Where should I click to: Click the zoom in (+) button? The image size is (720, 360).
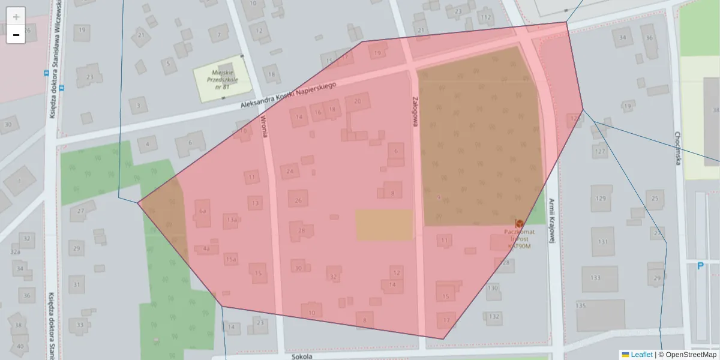pyautogui.click(x=16, y=16)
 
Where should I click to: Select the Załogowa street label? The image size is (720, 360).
pyautogui.click(x=415, y=111)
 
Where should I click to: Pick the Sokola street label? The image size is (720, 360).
pyautogui.click(x=302, y=356)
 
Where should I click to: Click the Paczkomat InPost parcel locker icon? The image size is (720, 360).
pyautogui.click(x=519, y=223)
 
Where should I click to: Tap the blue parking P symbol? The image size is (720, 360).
pyautogui.click(x=700, y=266)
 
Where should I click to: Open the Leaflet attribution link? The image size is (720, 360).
pyautogui.click(x=641, y=355)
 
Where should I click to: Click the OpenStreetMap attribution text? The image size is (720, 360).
pyautogui.click(x=691, y=355)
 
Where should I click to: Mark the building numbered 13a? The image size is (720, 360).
pyautogui.click(x=232, y=220)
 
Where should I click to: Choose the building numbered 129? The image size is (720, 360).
pyautogui.click(x=601, y=199)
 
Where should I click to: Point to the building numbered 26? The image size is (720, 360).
pyautogui.click(x=298, y=200)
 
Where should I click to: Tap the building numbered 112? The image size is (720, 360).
pyautogui.click(x=486, y=18)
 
